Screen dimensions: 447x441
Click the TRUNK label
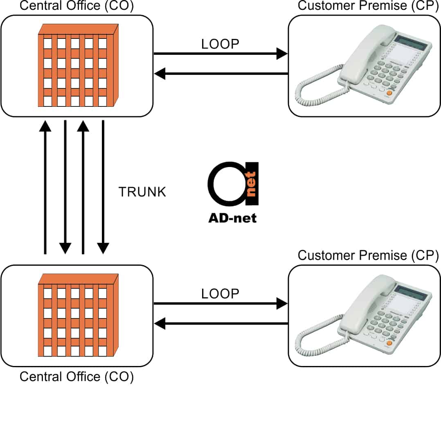point(142,192)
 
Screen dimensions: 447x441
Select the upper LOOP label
point(220,44)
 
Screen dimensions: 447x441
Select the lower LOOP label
point(220,293)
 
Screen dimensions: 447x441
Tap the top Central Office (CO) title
point(76,6)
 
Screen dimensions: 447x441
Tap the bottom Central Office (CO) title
point(76,377)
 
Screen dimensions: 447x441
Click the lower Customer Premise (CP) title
point(368,255)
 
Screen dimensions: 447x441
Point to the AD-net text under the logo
point(232,218)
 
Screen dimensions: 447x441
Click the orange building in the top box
point(78,65)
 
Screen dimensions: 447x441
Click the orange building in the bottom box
point(78,315)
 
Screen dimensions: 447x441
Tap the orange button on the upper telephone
point(389,93)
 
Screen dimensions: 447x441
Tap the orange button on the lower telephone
point(389,343)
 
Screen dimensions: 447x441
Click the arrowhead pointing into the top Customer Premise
point(282,54)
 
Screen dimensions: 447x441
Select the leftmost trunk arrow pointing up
point(45,188)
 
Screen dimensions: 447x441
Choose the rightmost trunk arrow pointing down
point(103,188)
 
